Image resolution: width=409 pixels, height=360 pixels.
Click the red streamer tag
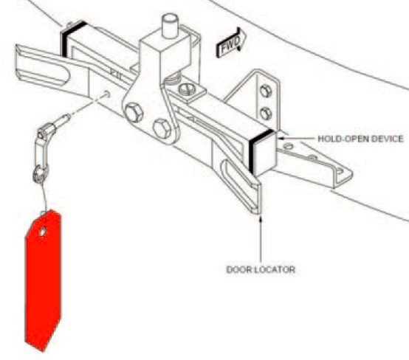43,280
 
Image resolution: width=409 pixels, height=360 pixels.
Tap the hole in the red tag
43,232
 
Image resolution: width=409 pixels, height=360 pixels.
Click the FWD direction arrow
231,42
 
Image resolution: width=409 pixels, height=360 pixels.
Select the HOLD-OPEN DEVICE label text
360,139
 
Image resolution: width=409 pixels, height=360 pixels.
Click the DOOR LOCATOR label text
261,269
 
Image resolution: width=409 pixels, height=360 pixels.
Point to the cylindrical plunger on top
170,26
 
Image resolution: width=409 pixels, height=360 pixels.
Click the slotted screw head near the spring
187,89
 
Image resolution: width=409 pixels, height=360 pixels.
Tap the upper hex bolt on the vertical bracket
266,91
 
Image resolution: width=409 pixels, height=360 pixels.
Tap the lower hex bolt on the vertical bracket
266,114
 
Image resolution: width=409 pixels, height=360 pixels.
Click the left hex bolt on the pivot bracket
134,113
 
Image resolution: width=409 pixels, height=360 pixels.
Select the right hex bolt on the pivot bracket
162,129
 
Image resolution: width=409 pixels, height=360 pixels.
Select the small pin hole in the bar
106,94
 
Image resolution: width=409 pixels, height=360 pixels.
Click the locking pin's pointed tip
68,117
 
